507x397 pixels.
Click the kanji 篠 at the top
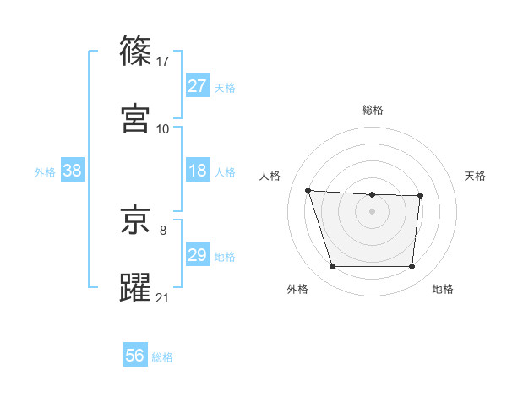click(136, 51)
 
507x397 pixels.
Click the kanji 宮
click(136, 118)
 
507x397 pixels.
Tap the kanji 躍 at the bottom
click(136, 287)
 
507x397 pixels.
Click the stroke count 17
click(164, 61)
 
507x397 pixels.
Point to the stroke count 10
click(163, 128)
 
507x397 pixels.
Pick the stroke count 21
click(163, 297)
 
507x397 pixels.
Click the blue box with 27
click(198, 86)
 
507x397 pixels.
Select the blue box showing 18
click(198, 171)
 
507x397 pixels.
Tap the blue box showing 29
click(198, 255)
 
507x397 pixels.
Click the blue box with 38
click(73, 171)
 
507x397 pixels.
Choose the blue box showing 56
click(135, 356)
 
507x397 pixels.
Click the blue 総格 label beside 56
click(163, 357)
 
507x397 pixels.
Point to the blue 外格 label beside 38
click(45, 172)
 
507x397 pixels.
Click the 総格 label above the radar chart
click(373, 110)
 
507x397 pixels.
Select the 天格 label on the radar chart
click(476, 176)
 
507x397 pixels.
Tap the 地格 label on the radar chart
click(443, 289)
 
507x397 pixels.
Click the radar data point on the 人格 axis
click(308, 190)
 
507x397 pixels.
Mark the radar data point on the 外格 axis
click(332, 267)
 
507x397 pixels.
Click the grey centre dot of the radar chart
click(373, 210)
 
